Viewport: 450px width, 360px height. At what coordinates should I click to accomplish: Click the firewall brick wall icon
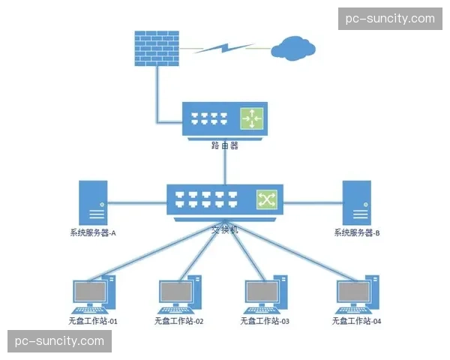[x=155, y=49]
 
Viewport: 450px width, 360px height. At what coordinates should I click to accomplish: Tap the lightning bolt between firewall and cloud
[x=226, y=48]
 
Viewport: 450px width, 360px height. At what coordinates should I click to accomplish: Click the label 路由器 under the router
[x=225, y=146]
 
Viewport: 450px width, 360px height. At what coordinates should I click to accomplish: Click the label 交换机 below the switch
[x=224, y=229]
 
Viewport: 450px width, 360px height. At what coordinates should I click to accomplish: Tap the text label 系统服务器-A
[x=88, y=233]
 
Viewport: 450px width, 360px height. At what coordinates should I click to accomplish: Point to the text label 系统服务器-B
[x=357, y=233]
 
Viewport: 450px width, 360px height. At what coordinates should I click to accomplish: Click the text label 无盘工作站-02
[x=179, y=321]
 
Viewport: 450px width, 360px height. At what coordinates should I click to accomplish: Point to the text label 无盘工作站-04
[x=357, y=321]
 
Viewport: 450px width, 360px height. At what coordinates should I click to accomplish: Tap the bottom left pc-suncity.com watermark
[x=60, y=341]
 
